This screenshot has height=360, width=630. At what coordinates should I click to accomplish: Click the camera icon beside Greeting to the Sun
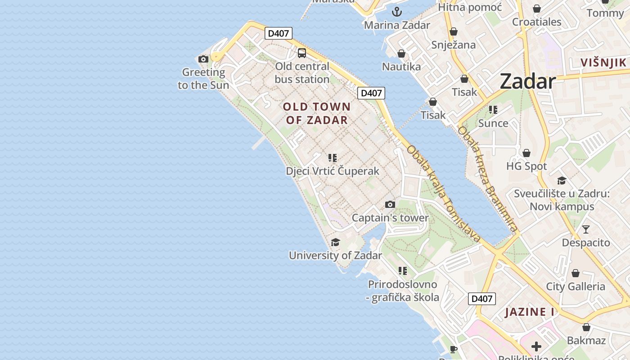[x=203, y=59]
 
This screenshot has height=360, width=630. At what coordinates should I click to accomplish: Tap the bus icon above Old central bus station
[x=302, y=53]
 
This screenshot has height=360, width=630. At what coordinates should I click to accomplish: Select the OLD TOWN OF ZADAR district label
[x=317, y=113]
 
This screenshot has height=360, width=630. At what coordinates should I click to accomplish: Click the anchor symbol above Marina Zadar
[x=397, y=12]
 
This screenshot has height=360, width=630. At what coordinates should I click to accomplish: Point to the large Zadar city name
[x=528, y=81]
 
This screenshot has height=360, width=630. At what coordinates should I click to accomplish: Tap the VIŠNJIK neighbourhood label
[x=603, y=63]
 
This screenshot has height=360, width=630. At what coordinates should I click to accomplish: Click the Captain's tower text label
[x=390, y=218]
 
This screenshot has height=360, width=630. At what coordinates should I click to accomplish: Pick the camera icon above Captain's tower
[x=390, y=205]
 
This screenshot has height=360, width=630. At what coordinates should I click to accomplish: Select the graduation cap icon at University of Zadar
[x=335, y=243]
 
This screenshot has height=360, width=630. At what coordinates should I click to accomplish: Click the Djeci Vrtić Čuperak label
[x=333, y=171]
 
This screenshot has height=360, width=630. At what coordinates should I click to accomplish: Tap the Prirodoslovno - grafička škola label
[x=403, y=291]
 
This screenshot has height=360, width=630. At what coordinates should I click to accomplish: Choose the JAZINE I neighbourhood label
[x=529, y=312]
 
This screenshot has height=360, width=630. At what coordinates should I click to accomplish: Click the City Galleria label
[x=576, y=287]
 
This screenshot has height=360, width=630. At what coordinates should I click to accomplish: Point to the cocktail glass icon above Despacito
[x=585, y=229]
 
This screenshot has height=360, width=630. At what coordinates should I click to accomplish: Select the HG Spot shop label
[x=526, y=166]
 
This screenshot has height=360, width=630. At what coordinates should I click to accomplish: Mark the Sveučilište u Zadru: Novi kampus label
[x=562, y=200]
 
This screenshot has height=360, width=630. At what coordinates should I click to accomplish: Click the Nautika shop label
[x=401, y=67]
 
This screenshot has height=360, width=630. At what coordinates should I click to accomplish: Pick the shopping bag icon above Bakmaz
[x=586, y=328]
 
